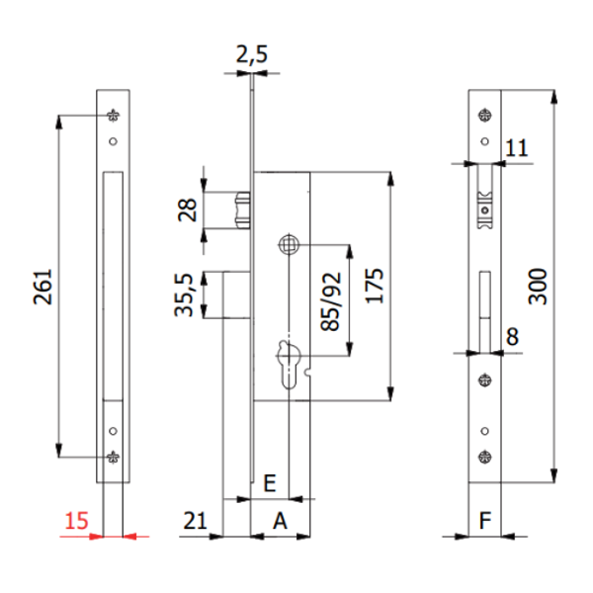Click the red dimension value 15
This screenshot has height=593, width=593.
(x=76, y=521)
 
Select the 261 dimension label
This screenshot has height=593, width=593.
(x=42, y=287)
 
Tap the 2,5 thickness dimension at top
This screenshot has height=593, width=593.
(x=252, y=54)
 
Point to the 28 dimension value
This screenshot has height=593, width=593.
(x=188, y=210)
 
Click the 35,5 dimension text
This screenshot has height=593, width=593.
(x=184, y=295)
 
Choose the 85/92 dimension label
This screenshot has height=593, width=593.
(x=330, y=301)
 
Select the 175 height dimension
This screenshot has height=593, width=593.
(x=375, y=287)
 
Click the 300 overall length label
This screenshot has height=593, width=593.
(x=538, y=287)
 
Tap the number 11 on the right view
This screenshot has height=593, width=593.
(x=516, y=147)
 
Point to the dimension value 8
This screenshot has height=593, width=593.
(x=512, y=337)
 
